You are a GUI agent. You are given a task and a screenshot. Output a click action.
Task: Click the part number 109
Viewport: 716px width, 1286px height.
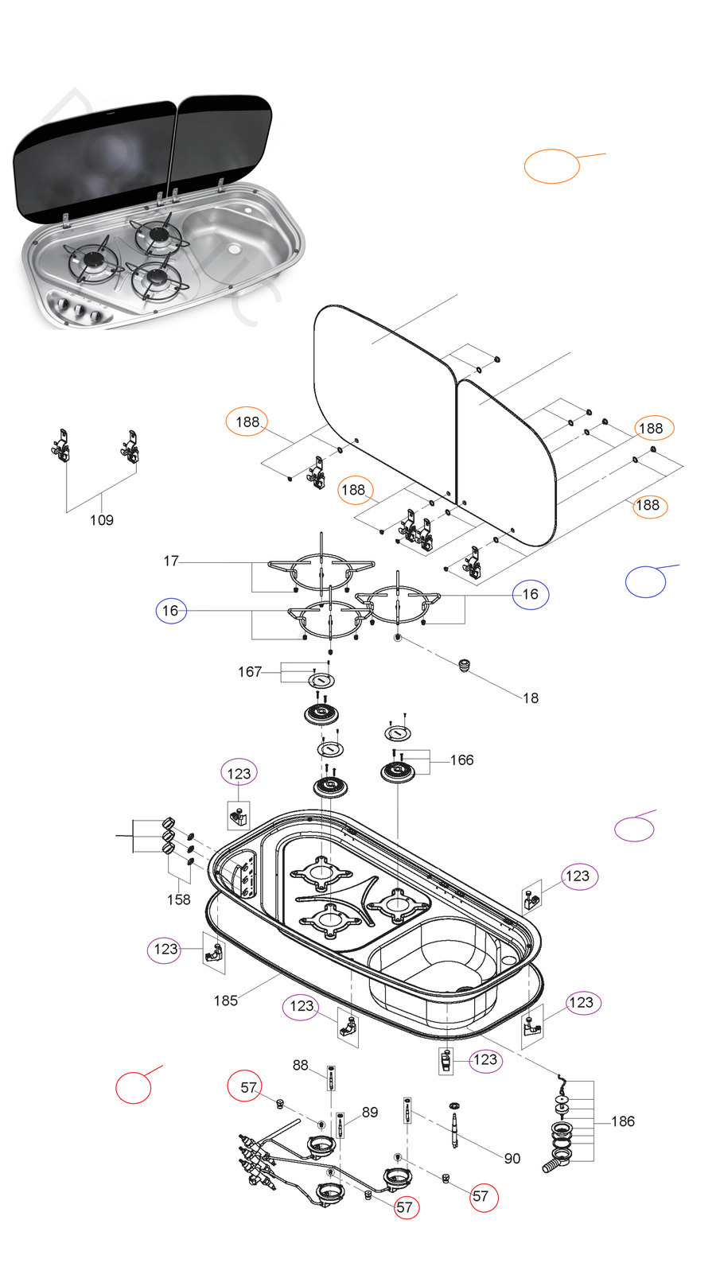(101, 520)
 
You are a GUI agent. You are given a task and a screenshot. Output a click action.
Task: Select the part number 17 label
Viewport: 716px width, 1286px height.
(171, 561)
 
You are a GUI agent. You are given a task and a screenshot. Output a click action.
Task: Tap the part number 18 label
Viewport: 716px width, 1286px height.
(531, 697)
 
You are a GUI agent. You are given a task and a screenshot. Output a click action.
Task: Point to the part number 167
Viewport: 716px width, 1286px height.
(249, 671)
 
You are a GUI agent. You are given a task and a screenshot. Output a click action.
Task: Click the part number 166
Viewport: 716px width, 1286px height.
(461, 760)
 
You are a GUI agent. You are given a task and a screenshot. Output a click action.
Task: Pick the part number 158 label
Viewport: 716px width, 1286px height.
(178, 899)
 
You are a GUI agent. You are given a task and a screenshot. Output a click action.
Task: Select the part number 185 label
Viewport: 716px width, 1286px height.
(225, 1000)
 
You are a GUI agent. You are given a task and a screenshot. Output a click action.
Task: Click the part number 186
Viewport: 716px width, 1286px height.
(623, 1121)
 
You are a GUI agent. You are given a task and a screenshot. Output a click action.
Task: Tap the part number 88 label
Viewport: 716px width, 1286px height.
(300, 1065)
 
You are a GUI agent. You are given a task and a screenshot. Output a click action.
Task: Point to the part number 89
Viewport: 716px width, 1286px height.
(370, 1112)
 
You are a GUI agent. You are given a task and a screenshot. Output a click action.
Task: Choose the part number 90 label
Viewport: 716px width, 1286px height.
(512, 1158)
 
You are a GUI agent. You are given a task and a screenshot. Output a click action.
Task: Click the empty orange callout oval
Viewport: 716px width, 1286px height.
(551, 166)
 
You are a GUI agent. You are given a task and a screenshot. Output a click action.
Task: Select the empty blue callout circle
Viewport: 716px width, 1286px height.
(645, 581)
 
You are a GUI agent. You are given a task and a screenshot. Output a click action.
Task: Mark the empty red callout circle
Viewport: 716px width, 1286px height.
(133, 1087)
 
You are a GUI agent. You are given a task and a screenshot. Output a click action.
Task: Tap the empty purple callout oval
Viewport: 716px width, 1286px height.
(634, 829)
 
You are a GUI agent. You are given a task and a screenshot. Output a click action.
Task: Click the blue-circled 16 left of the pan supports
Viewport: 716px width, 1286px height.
(170, 610)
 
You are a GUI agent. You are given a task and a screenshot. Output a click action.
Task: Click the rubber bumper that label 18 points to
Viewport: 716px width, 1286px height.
(465, 664)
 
